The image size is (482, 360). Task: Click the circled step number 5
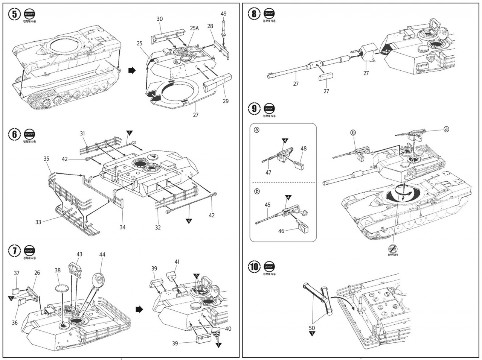coord(15,14)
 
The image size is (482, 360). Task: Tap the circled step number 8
coord(255,14)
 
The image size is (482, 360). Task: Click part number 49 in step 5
coord(224,14)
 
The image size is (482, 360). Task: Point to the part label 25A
coord(194,28)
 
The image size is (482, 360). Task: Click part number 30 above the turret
coord(160,19)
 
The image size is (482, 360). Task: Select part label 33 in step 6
coord(38,222)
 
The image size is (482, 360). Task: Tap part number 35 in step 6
coord(46,159)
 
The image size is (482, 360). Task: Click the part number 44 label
coord(102,255)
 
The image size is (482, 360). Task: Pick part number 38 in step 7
coord(58,270)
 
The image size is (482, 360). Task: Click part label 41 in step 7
coord(177,262)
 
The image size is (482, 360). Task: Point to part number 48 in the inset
coord(304,149)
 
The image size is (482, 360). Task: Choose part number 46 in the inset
coord(281,231)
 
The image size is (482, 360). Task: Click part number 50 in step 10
coord(312,328)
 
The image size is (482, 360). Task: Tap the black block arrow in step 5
coord(132,70)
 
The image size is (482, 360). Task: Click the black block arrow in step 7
coord(139,309)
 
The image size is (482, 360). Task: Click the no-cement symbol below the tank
coord(393,249)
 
